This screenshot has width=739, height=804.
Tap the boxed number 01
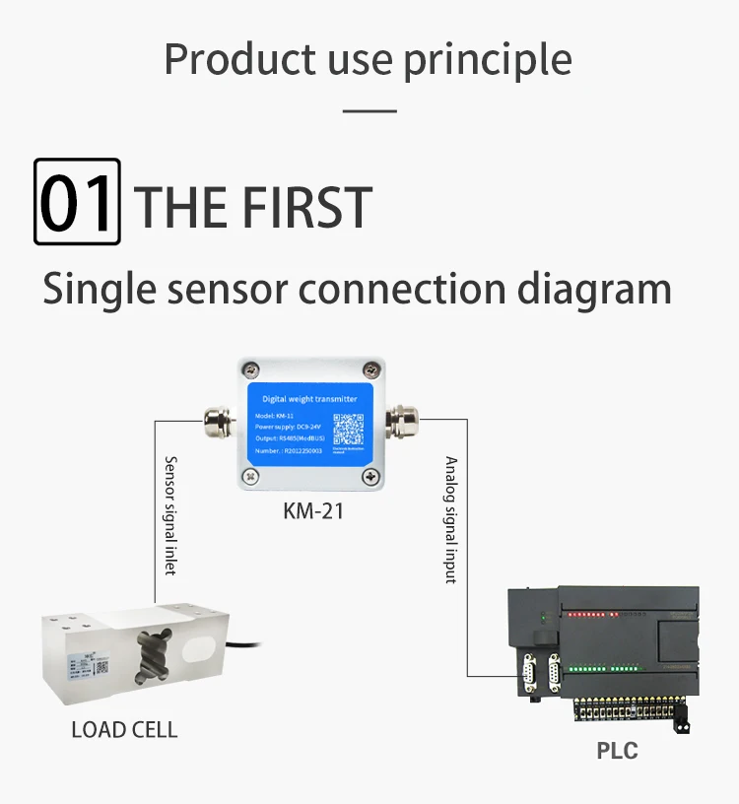(77, 202)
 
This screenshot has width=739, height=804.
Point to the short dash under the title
(369, 110)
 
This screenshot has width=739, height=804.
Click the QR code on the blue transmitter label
(348, 430)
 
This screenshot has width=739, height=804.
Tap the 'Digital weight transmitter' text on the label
(309, 399)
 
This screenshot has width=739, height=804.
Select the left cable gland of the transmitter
(215, 423)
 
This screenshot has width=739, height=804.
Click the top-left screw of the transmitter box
(248, 369)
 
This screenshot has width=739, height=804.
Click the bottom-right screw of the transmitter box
(371, 478)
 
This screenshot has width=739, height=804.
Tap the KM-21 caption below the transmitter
(312, 512)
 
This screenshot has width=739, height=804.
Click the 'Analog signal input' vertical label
(451, 519)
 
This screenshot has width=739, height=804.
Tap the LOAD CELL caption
(124, 730)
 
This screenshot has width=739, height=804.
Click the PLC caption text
(617, 751)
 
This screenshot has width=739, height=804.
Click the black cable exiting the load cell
(252, 648)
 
